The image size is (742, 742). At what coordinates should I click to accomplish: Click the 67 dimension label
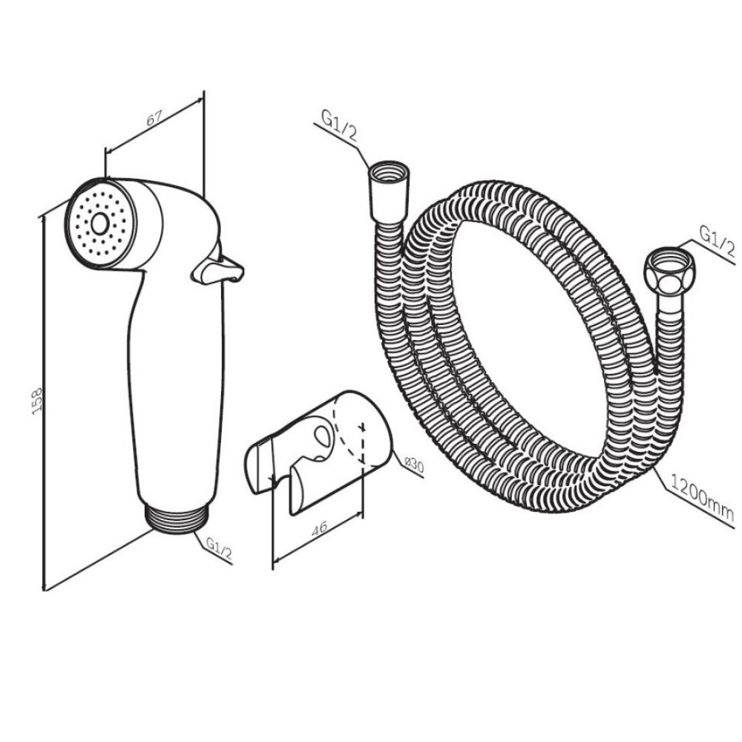point(154,118)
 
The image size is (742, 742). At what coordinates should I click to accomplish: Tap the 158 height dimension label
point(37,401)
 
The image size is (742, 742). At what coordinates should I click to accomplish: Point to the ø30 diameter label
point(413,466)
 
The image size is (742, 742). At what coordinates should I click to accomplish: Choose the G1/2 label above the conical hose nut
point(339,125)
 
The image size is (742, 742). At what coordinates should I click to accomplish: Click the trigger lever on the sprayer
point(217,269)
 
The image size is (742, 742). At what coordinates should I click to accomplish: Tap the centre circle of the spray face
point(100,223)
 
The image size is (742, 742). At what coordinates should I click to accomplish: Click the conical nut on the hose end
point(389,192)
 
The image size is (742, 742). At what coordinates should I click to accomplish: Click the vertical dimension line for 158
point(44,403)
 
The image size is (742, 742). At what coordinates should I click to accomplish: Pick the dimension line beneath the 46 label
point(318,538)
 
